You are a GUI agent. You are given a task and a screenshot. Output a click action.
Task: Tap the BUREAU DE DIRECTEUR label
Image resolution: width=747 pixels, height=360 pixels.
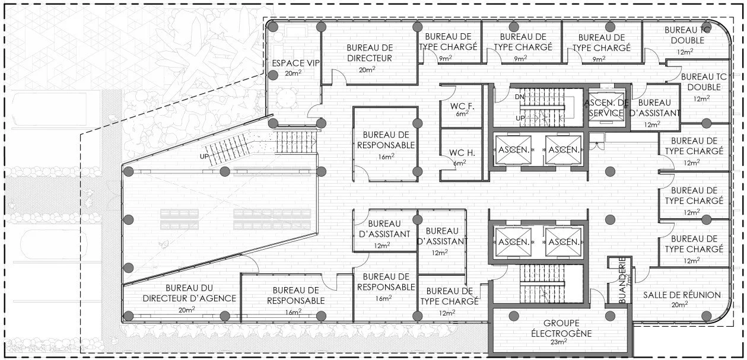369,53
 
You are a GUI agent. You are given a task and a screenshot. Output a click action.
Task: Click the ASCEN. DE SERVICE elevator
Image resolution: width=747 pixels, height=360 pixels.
606,107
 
